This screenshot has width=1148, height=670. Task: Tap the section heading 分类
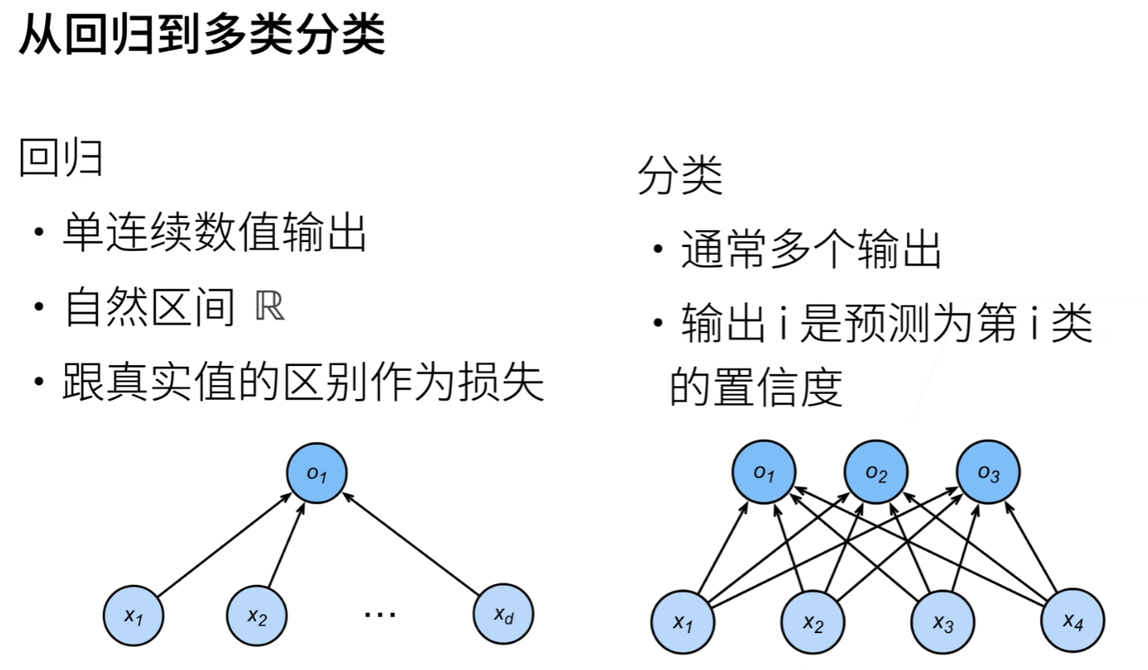click(x=680, y=176)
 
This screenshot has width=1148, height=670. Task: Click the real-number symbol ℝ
click(x=269, y=308)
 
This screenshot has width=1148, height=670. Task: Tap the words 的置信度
click(x=756, y=388)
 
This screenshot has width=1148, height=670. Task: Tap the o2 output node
click(x=875, y=473)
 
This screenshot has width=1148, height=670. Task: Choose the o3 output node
click(x=988, y=473)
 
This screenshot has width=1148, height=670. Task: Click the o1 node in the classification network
click(x=764, y=473)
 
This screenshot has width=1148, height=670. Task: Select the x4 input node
click(x=1072, y=621)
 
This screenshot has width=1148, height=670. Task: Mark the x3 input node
click(x=942, y=621)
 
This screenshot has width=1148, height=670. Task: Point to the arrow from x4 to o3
click(x=1033, y=549)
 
